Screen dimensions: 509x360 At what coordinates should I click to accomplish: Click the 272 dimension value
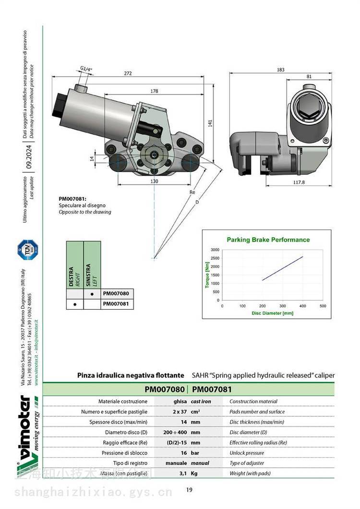point(128,73)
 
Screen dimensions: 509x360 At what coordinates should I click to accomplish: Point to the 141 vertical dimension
point(210,123)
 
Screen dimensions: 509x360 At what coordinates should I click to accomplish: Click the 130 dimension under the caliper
point(154,181)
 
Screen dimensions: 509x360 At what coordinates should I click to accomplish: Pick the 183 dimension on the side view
point(280,70)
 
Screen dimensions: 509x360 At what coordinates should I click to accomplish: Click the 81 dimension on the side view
point(309,76)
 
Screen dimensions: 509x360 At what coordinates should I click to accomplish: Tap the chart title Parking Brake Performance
point(268,240)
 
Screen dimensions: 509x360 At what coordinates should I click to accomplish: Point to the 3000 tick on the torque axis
point(214,250)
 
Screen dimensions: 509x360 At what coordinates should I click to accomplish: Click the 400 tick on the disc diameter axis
point(302,305)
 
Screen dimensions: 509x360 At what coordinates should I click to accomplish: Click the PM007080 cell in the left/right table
point(116,293)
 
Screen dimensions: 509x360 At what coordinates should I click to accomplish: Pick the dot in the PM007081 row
point(74,304)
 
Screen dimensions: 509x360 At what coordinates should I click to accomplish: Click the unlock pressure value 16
point(183,453)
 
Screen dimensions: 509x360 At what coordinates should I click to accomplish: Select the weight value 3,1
point(182,473)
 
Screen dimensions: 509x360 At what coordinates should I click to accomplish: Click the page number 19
point(189,490)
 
